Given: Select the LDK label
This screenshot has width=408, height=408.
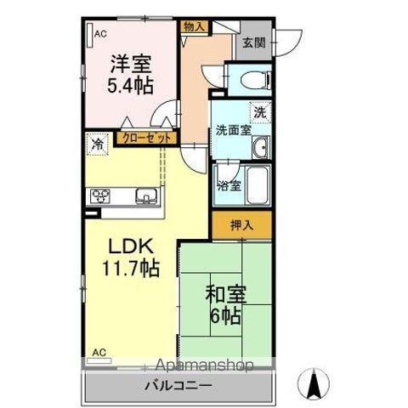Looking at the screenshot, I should (129, 246).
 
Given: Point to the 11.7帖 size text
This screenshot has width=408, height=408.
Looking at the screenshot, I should (133, 271).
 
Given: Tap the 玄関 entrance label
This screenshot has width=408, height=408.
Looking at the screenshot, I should (253, 42).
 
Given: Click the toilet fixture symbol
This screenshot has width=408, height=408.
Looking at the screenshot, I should (252, 80).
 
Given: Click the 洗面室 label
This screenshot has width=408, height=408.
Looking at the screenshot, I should (231, 131).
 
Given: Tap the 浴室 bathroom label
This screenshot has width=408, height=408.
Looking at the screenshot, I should (228, 184).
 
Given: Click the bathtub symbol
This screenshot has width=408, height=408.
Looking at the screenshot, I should (257, 184).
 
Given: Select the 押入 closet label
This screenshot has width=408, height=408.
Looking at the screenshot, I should (242, 225).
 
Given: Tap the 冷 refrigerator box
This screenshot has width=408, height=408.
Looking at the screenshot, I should (99, 144).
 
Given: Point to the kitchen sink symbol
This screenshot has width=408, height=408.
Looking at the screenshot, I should (147, 197).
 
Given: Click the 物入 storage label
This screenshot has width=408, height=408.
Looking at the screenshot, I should (194, 26).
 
